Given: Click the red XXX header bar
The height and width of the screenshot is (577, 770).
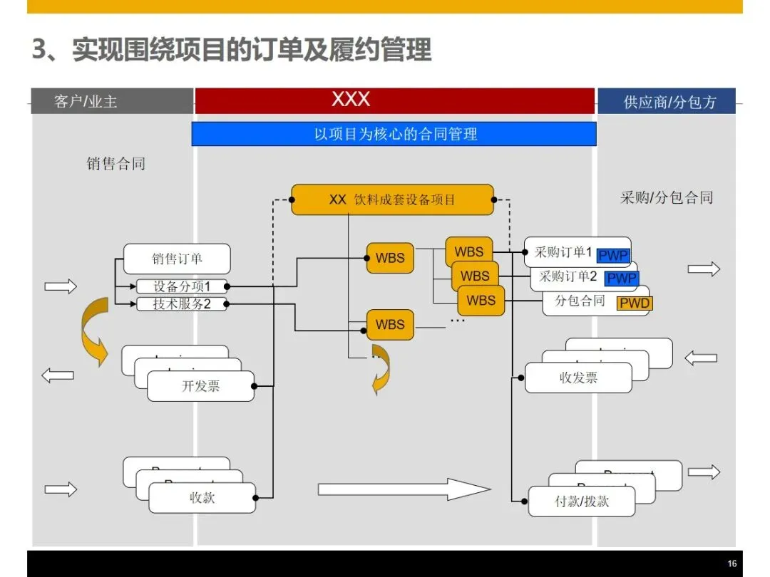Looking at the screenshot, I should coord(394,100).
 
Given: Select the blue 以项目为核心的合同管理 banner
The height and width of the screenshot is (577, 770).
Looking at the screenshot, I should coord(394,134).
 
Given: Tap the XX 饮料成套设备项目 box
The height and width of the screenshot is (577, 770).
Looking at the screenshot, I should coord(392,199).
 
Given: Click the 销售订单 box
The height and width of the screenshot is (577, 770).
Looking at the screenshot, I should coord(177,259).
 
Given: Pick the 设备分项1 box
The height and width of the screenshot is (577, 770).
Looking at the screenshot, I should coord(182,286).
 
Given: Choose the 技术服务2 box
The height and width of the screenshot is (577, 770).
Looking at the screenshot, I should coord(182,304).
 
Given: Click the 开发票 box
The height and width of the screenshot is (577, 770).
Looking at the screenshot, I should coord(200,387).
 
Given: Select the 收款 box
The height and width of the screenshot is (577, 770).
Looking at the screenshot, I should coord(202,498).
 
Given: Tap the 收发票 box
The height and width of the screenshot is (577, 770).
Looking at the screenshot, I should coord(578,378).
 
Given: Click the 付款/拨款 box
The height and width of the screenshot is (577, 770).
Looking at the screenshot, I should coord(582,501).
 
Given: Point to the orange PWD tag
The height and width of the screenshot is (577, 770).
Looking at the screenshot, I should coord(634,303).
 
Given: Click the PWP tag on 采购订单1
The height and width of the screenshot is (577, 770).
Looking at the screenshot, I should coord(612,256).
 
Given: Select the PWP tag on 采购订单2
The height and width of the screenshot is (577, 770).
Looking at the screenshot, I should coord(621,279).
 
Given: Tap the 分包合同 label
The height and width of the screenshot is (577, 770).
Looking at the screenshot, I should coord(580,301).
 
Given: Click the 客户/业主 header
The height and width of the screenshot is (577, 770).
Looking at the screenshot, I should coord(86,102).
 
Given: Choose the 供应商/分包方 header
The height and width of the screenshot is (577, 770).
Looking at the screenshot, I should coord(669,102).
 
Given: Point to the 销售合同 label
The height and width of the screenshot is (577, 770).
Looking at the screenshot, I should coord(116,164).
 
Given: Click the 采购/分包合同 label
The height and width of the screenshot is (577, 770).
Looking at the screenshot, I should coord(666,197).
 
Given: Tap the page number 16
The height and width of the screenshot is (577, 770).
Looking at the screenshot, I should coord(731,563).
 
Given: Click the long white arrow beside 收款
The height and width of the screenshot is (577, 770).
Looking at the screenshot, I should coord(404,489).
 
